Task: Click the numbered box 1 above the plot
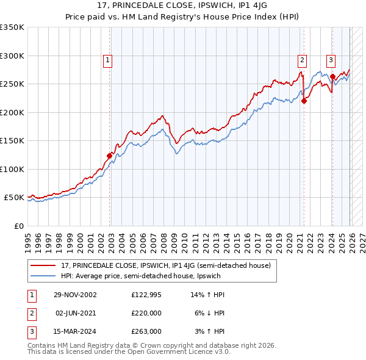tap(107, 60)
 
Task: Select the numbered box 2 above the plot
tap(302, 60)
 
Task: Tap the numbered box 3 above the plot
tap(330, 60)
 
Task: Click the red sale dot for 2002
tap(110, 156)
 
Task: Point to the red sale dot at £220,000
tap(304, 101)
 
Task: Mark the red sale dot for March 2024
tap(333, 77)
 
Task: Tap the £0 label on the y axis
tap(19, 226)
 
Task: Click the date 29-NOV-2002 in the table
tap(75, 295)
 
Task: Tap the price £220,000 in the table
tap(146, 313)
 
